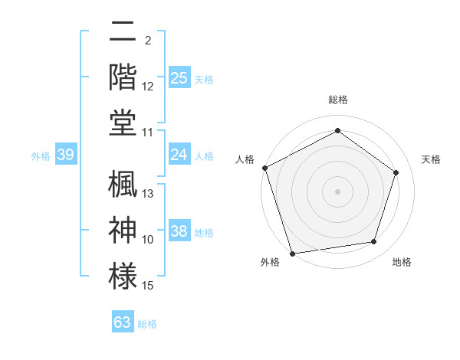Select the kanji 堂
pyautogui.click(x=123, y=122)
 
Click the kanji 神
pyautogui.click(x=123, y=229)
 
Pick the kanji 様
pyautogui.click(x=123, y=274)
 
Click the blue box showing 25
pyautogui.click(x=179, y=77)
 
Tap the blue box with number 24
pyautogui.click(x=179, y=155)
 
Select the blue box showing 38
pyautogui.click(x=179, y=231)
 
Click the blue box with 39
pyautogui.click(x=65, y=155)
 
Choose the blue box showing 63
pyautogui.click(x=123, y=322)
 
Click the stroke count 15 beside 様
pyautogui.click(x=148, y=286)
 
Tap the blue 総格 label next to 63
pyautogui.click(x=147, y=324)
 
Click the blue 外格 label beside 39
pyautogui.click(x=41, y=156)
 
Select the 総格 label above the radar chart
pyautogui.click(x=337, y=100)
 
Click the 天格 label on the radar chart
pyautogui.click(x=431, y=159)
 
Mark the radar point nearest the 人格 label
pyautogui.click(x=264, y=168)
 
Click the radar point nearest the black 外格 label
pyautogui.click(x=293, y=254)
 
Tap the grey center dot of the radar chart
pyautogui.click(x=337, y=191)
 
